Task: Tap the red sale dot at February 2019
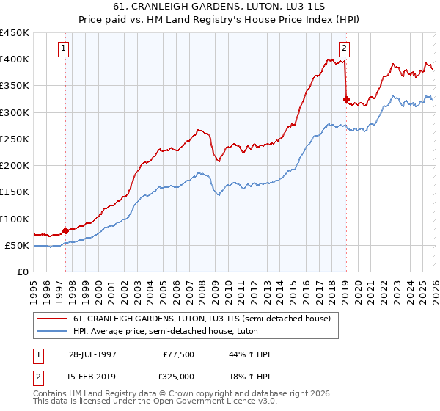tap(345, 98)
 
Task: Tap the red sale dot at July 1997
tap(65, 230)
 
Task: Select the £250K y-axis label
tap(15, 139)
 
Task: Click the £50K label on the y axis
tap(18, 245)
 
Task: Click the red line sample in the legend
tap(52, 319)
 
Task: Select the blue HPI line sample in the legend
tap(52, 330)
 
